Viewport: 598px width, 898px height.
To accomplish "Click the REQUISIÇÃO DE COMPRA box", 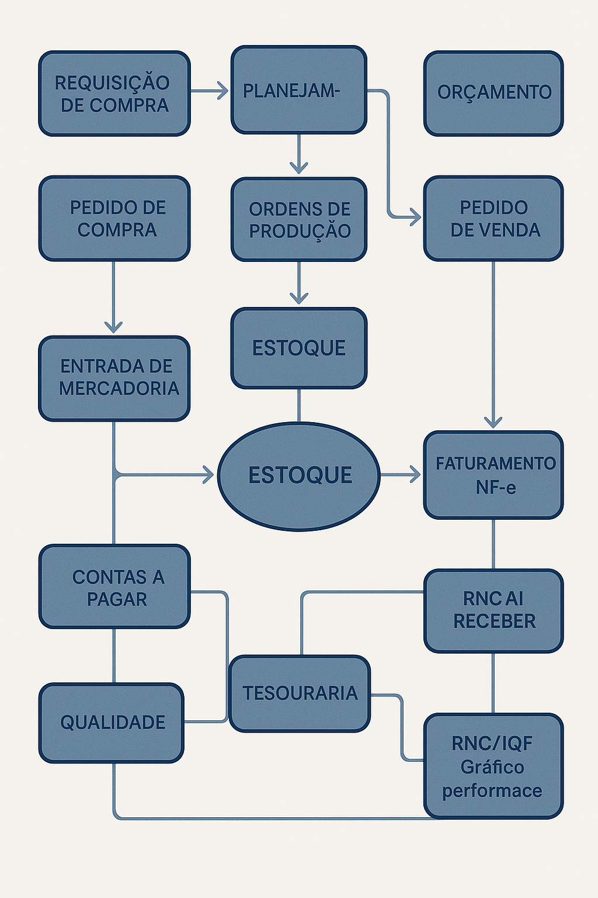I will pos(114,94).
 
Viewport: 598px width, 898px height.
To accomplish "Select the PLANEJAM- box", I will pos(298,90).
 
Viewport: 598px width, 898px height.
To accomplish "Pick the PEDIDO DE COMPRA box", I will pos(114,218).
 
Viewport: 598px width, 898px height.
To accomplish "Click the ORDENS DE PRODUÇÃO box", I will pos(298,219).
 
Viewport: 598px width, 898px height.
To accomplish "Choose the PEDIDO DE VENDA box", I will pos(493,218).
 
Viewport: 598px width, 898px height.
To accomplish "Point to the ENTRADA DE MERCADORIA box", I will pos(114,378).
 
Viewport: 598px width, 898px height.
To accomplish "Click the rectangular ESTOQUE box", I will pos(298,348).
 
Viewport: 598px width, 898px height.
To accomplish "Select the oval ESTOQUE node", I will pos(298,475).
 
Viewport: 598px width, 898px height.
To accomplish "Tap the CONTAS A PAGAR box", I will pos(114,587).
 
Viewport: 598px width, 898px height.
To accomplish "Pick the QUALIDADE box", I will pos(112,723).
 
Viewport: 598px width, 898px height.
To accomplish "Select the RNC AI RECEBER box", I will pos(493,610).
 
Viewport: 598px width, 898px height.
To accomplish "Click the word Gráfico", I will pos(492,767).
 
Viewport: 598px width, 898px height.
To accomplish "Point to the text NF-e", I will pos(495,487).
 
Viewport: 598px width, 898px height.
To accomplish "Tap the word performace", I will pos(492,791).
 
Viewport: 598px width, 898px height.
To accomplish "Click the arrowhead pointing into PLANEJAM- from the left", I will pos(222,91).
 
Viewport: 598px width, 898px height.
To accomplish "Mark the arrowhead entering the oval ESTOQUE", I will pos(209,475).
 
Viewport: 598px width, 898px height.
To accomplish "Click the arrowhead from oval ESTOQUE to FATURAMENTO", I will pos(415,474).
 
